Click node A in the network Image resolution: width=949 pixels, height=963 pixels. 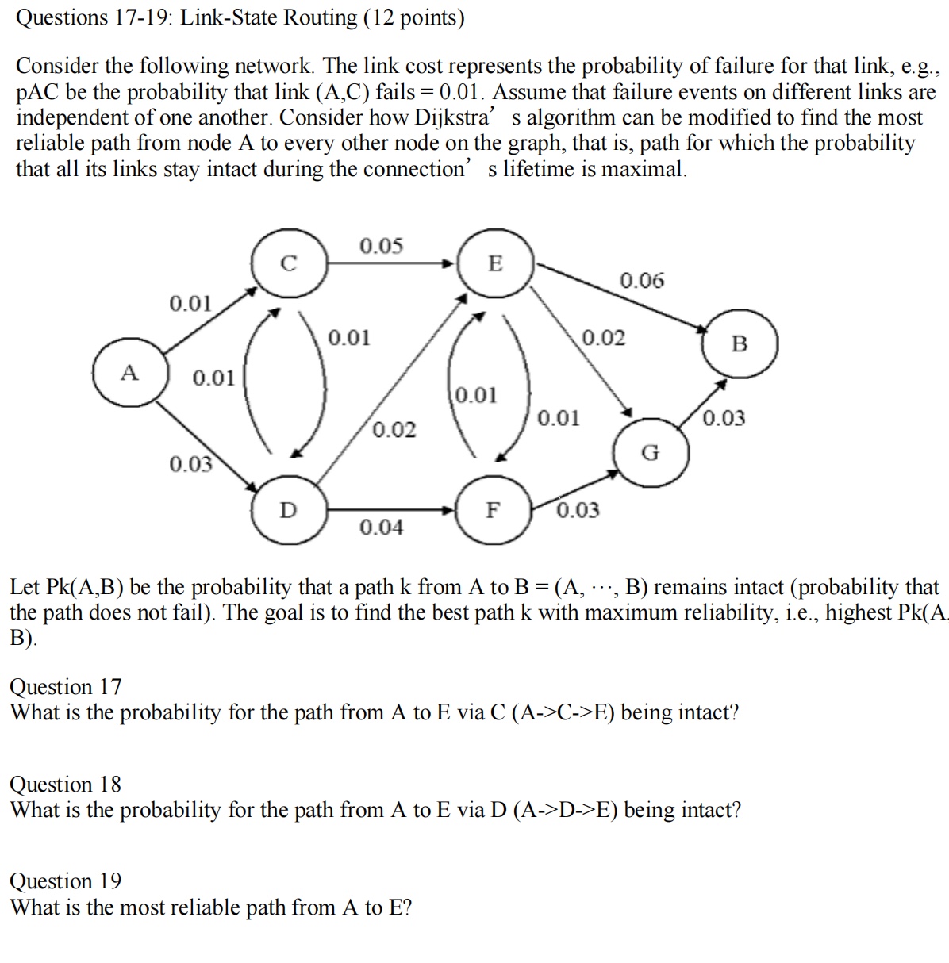pyautogui.click(x=129, y=373)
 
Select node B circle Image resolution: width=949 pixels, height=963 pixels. pyautogui.click(x=740, y=343)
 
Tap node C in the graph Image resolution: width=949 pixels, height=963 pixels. pyautogui.click(x=288, y=263)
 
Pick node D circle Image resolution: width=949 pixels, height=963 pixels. pyautogui.click(x=287, y=509)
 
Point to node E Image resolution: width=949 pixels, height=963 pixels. pyautogui.click(x=494, y=263)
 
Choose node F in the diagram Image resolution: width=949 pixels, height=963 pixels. pyautogui.click(x=492, y=509)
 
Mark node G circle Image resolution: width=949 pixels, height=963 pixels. pyautogui.click(x=650, y=453)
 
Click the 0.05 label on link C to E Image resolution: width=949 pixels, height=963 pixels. pyautogui.click(x=381, y=246)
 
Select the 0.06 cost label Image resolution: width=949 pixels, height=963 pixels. pyautogui.click(x=642, y=280)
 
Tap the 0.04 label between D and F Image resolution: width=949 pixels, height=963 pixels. pyautogui.click(x=381, y=527)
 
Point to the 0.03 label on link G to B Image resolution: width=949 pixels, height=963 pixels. pyautogui.click(x=724, y=418)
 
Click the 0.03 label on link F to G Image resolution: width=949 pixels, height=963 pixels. pyautogui.click(x=578, y=510)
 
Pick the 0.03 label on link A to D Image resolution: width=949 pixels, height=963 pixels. pyautogui.click(x=191, y=463)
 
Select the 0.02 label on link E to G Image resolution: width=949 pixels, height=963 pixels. pyautogui.click(x=604, y=338)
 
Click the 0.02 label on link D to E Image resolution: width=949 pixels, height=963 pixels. pyautogui.click(x=394, y=429)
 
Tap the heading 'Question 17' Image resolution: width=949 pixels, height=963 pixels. pyautogui.click(x=66, y=686)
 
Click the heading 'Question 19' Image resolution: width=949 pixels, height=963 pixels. pyautogui.click(x=66, y=881)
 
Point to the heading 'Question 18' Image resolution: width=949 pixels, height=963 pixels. pyautogui.click(x=66, y=784)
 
